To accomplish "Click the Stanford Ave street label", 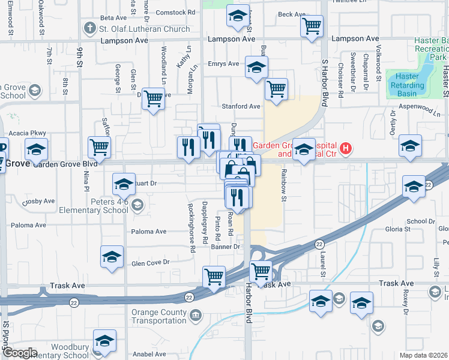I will tap(241, 106).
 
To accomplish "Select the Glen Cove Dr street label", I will tap(151, 262).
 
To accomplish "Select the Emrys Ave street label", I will tap(223, 64).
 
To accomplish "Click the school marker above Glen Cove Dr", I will tap(112, 257).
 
